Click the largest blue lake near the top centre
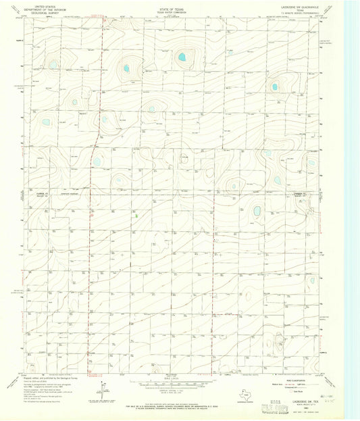[181, 58]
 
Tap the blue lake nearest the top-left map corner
[53, 65]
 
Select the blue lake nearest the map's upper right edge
[274, 86]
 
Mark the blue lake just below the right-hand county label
[257, 212]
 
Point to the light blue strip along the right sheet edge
[351, 203]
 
